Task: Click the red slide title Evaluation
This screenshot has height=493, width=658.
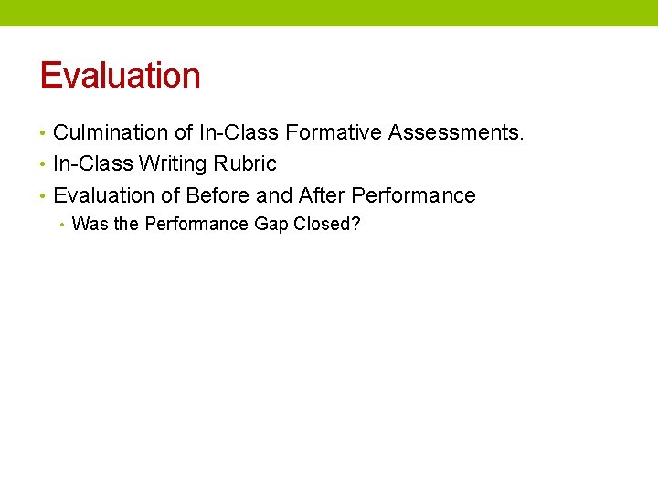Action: click(x=120, y=75)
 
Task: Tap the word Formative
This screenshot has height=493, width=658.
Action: click(x=334, y=133)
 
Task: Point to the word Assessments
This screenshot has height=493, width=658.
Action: click(x=456, y=133)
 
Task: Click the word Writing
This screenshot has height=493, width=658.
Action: click(x=175, y=164)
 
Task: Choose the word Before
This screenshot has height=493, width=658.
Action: click(x=218, y=195)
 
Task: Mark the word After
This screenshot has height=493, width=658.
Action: click(x=322, y=195)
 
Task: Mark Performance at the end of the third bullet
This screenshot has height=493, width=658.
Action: click(x=413, y=195)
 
